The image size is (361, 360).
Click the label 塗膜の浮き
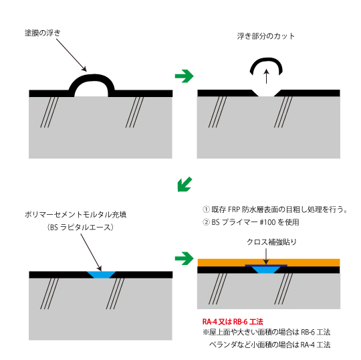(x=43, y=33)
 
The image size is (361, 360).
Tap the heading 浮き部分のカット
(x=266, y=36)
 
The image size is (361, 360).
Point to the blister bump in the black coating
(x=92, y=77)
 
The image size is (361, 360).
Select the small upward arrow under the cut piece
(x=266, y=76)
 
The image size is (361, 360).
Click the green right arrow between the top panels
(x=185, y=76)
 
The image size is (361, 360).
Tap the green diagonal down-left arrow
(x=185, y=184)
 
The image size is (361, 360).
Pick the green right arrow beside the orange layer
(x=185, y=258)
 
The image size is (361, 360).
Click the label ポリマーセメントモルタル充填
(x=76, y=215)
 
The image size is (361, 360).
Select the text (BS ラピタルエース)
(x=80, y=228)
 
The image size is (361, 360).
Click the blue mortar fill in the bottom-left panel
(x=101, y=274)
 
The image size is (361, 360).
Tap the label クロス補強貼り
(x=271, y=242)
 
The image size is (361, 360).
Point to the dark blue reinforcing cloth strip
(x=266, y=266)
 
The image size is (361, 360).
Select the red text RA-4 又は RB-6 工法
(x=233, y=321)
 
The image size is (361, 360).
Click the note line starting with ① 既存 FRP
(x=275, y=209)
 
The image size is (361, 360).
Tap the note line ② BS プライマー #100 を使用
(x=251, y=222)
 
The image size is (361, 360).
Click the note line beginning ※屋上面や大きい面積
(x=267, y=332)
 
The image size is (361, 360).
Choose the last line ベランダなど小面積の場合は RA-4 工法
(x=270, y=345)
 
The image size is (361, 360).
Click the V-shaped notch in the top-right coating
(x=266, y=93)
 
